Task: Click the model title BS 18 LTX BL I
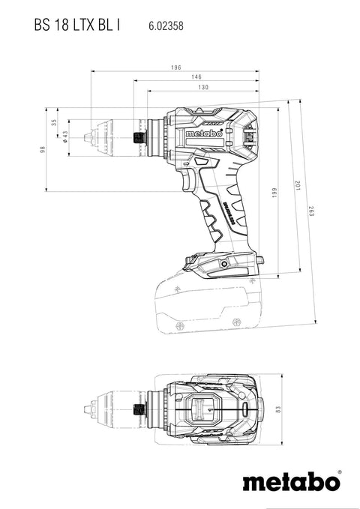pos(77,25)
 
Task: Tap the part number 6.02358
pos(166,26)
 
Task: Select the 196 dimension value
pos(175,67)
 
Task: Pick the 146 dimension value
pos(196,77)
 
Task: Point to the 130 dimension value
pos(203,87)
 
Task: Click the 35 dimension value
pos(54,123)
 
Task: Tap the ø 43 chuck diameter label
pos(65,137)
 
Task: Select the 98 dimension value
pos(42,150)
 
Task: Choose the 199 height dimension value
pos(274,193)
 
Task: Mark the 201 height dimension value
pos(298,185)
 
